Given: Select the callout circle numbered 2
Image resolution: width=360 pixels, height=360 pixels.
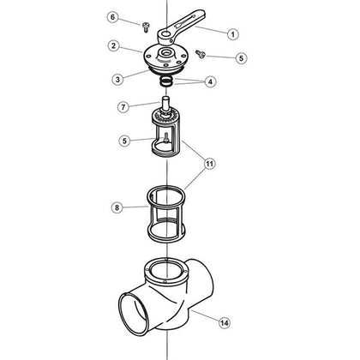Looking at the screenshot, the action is (136, 45).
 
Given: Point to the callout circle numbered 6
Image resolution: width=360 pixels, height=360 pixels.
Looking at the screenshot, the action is (136, 16).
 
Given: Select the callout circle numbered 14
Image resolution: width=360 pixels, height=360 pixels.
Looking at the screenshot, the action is (225, 323).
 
